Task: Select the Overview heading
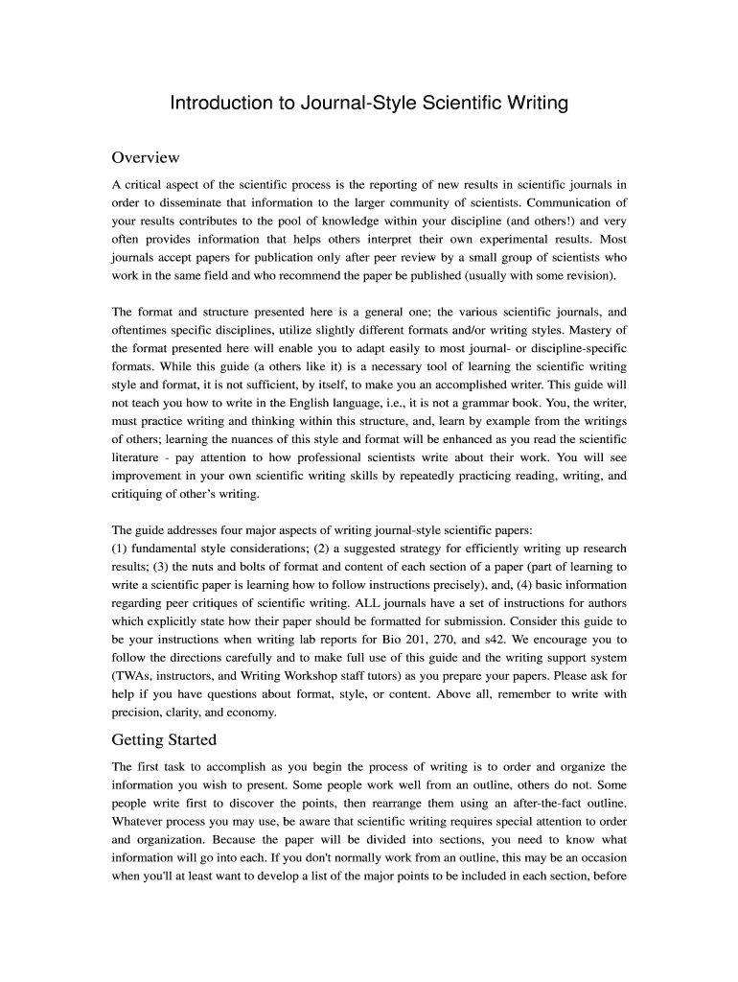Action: (x=146, y=157)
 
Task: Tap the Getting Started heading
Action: (x=164, y=739)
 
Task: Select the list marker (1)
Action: (x=121, y=549)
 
